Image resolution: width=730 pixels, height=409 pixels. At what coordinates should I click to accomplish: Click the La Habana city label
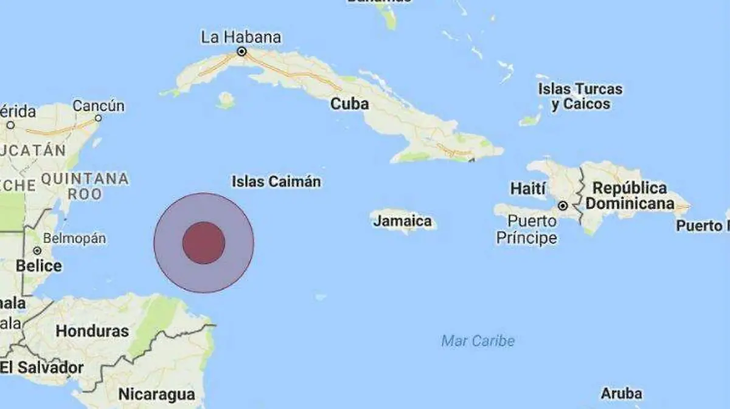point(241,38)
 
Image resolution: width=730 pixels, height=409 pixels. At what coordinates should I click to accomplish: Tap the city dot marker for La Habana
point(242,52)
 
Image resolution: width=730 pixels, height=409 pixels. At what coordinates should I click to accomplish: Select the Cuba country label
point(349,104)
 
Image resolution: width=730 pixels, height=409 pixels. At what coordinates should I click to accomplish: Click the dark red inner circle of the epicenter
point(204,243)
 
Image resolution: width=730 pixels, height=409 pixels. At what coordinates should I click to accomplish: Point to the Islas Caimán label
point(276,181)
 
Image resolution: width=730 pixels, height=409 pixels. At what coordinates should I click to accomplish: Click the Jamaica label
point(403,221)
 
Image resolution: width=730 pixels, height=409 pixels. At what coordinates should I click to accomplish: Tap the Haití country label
point(528,188)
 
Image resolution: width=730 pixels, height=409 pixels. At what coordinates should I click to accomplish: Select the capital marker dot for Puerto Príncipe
point(563,205)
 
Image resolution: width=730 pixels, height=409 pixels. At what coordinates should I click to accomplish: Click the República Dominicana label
point(630,196)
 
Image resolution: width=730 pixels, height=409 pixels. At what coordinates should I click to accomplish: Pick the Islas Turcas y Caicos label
point(580,96)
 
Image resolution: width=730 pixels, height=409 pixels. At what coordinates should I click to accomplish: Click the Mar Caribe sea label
point(478,341)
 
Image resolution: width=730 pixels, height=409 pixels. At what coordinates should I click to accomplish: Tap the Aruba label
point(621,394)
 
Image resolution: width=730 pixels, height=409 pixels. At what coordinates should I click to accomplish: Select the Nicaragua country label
point(157,394)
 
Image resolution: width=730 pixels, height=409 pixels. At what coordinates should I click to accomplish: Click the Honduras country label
point(92,331)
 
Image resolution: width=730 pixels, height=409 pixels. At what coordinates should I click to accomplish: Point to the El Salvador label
point(42,367)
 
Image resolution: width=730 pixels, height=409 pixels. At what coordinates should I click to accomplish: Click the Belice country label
point(39,266)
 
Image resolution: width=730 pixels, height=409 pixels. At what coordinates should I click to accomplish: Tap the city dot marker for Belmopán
point(37,250)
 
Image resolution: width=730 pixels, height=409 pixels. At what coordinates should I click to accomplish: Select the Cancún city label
point(99,106)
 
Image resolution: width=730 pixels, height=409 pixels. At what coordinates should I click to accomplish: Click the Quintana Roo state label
point(85,186)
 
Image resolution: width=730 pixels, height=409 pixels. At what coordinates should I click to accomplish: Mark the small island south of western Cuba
point(226,100)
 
